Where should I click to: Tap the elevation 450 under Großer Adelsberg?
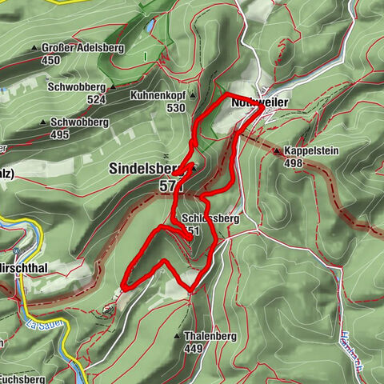(x=51, y=60)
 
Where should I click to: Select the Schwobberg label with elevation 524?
(x=77, y=87)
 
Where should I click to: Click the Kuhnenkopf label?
(x=157, y=95)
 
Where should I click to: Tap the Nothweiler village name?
(x=258, y=103)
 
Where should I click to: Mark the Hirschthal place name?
(x=21, y=268)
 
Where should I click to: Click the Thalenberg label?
(x=210, y=337)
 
